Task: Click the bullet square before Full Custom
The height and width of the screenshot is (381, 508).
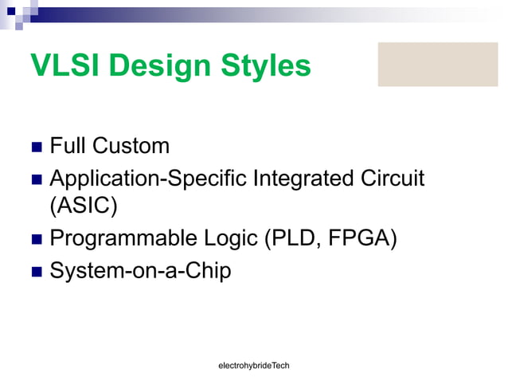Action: (x=36, y=148)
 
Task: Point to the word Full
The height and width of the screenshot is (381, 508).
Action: (x=68, y=146)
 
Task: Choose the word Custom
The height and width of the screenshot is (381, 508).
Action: (x=131, y=146)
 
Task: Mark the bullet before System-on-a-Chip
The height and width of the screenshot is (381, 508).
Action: (x=36, y=273)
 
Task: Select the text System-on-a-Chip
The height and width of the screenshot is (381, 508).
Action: (x=140, y=271)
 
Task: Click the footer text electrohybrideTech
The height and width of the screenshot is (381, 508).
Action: (x=254, y=365)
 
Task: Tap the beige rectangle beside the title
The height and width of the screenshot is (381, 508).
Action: (x=437, y=65)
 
